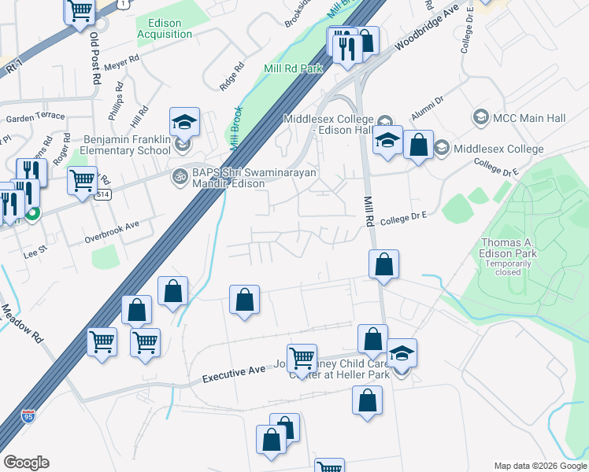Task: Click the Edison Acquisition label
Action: [x=165, y=29]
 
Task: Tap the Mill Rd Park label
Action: [x=294, y=69]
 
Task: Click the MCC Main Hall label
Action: [x=529, y=118]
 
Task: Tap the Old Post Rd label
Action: [x=94, y=57]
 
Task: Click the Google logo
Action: [x=26, y=463]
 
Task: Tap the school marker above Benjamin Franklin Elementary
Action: [x=184, y=122]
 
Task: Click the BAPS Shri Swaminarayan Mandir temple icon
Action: [x=180, y=174]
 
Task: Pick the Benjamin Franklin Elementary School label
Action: [x=126, y=145]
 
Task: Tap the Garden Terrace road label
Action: [x=35, y=116]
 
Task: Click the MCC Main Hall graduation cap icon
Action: [x=480, y=118]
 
